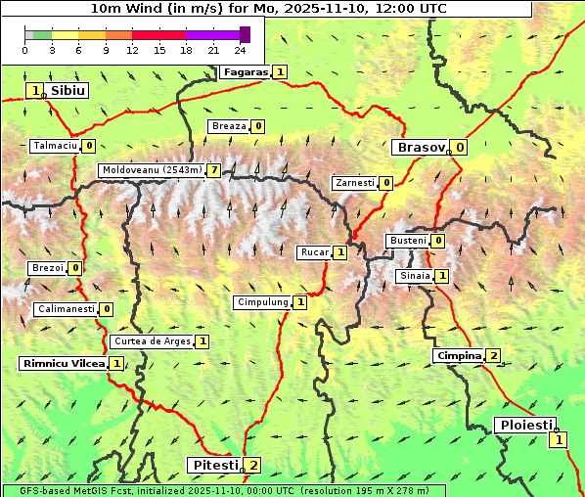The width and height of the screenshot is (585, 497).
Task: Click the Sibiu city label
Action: tap(68, 90)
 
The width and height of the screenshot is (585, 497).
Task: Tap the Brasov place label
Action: tap(420, 148)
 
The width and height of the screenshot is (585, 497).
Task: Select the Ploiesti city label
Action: tap(525, 425)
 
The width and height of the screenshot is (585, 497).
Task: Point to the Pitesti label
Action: tap(214, 465)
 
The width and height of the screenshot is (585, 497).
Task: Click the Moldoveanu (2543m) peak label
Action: tap(152, 170)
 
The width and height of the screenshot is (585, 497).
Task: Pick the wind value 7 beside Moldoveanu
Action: tap(213, 170)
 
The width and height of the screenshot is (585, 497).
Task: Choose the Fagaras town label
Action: tap(245, 71)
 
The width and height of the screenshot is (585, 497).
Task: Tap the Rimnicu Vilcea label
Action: tap(63, 363)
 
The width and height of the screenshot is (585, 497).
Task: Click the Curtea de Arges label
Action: tap(152, 341)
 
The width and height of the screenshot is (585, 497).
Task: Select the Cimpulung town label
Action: tap(262, 302)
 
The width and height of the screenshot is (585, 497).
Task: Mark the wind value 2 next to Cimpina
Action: tap(493, 356)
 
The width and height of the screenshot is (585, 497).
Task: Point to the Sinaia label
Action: tap(414, 276)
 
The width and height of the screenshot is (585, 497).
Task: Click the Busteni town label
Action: tap(408, 241)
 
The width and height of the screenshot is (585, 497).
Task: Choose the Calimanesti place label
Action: tap(67, 309)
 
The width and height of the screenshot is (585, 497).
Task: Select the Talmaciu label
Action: tap(55, 146)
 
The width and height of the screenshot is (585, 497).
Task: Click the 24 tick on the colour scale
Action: tap(240, 49)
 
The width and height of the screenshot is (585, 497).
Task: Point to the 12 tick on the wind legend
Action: tap(132, 49)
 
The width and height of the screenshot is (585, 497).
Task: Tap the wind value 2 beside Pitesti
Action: tap(253, 465)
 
